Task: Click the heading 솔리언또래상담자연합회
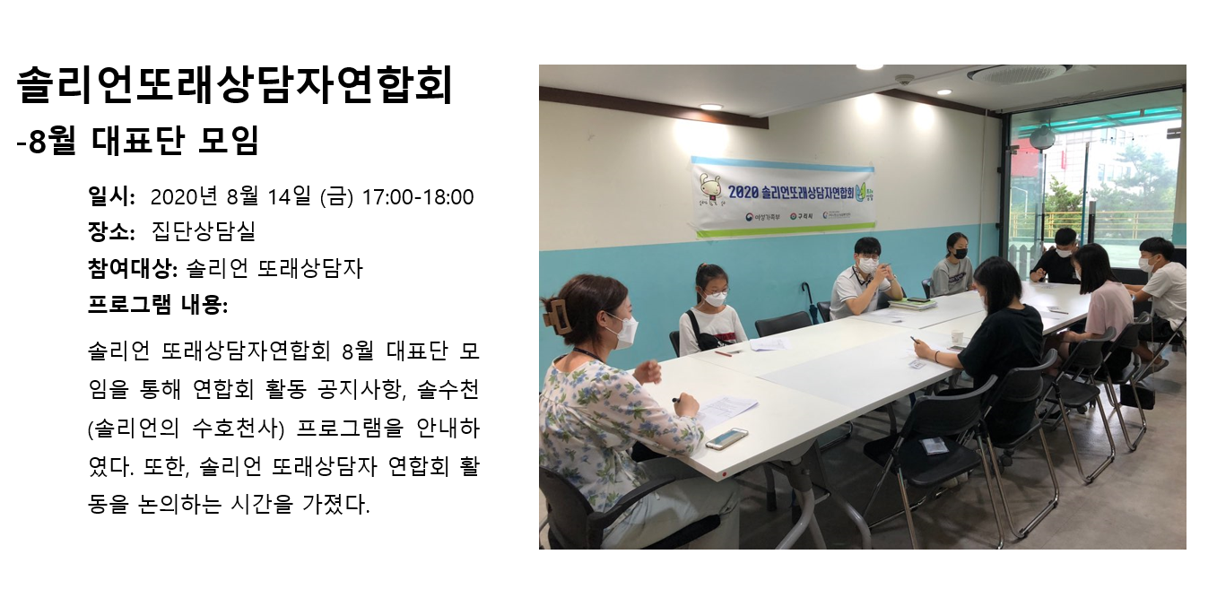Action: pos(234,84)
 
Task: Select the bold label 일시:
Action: pos(111,196)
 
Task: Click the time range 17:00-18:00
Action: pos(418,197)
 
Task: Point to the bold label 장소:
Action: pos(111,232)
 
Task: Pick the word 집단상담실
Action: pos(204,232)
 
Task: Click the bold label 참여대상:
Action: pos(133,268)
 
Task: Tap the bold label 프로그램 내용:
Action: pos(158,304)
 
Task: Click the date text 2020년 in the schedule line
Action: pos(184,196)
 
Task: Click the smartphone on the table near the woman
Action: pos(726,438)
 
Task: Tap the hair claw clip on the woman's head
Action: pos(557,315)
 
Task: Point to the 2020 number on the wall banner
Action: pos(743,192)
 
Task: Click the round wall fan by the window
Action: pos(1041,138)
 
